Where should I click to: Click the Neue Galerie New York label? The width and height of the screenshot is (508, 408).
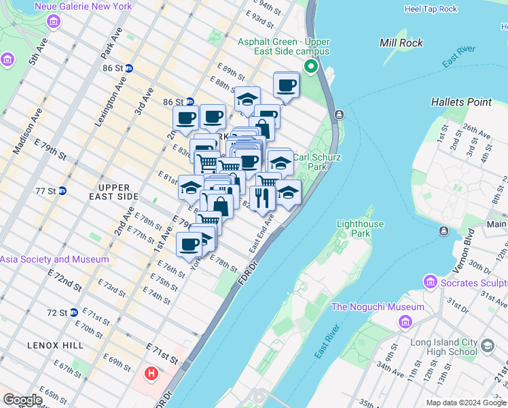(x=84, y=6)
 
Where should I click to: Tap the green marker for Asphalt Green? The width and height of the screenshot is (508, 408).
(x=311, y=66)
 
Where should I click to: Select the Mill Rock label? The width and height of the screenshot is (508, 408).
(x=401, y=43)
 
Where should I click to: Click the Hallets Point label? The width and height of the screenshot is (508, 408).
(x=461, y=102)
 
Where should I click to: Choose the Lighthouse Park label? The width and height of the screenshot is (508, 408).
(x=361, y=228)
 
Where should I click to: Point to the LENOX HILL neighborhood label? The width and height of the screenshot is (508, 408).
(x=56, y=345)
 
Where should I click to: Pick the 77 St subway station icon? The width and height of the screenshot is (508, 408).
(x=62, y=190)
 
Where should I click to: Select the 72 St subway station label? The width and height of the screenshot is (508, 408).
(x=57, y=313)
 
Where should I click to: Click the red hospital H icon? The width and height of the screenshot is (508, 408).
(x=151, y=373)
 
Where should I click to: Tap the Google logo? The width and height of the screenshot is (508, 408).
(x=22, y=400)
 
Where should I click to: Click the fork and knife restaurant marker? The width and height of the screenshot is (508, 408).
(x=262, y=197)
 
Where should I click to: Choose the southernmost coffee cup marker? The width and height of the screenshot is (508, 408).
(x=189, y=243)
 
